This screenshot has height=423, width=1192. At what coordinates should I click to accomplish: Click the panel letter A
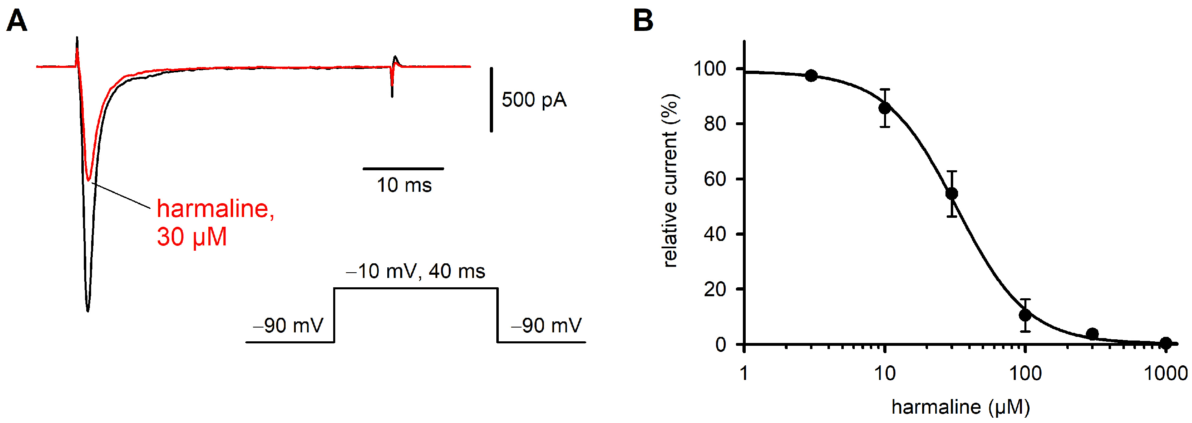point(17,21)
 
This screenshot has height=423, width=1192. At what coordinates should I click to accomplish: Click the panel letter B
point(643,21)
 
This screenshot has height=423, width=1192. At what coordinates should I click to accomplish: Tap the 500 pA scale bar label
point(534,100)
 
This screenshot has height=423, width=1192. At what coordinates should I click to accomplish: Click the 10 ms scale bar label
point(404,185)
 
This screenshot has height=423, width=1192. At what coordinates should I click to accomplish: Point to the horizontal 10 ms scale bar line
point(403,169)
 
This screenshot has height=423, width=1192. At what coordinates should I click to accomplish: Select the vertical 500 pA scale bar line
point(491,100)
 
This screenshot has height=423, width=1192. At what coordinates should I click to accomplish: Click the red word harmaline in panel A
point(215,209)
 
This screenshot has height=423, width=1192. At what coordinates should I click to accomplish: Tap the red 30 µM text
point(192,237)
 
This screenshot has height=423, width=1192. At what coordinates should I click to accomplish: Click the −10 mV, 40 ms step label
point(415,271)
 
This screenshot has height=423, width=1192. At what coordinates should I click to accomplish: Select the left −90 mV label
point(288,325)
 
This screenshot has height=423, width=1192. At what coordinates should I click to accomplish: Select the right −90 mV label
point(546,325)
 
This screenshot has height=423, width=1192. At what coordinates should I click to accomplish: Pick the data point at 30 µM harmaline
point(952,194)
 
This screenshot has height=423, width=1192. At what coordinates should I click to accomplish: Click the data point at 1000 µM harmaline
point(1166,343)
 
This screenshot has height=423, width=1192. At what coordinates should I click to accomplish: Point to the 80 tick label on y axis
point(714,124)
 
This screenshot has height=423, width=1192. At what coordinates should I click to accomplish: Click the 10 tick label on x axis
point(885,373)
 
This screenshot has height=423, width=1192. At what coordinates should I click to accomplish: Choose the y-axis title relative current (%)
point(670,180)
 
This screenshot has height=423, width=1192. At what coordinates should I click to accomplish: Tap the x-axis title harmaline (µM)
point(961,407)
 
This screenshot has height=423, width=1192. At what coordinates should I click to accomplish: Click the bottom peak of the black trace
point(88,310)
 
